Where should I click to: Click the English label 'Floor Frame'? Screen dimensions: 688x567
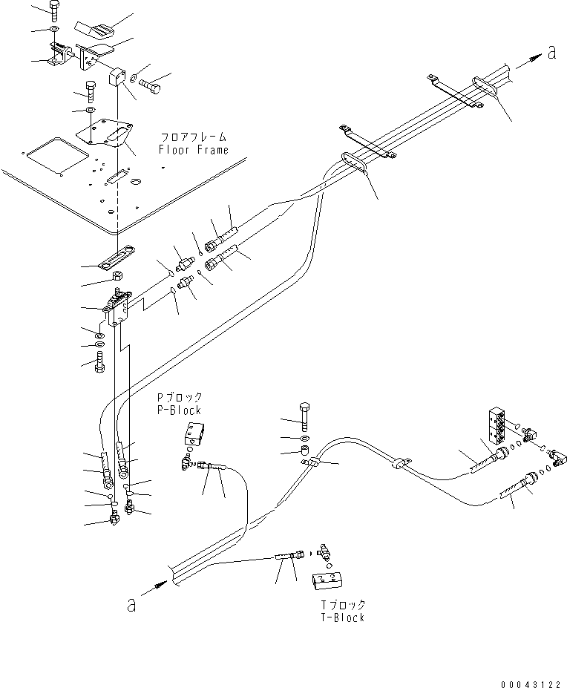click(x=193, y=149)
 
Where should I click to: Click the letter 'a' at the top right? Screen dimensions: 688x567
click(x=551, y=52)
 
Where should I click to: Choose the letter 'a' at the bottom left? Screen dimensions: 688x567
click(x=132, y=605)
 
